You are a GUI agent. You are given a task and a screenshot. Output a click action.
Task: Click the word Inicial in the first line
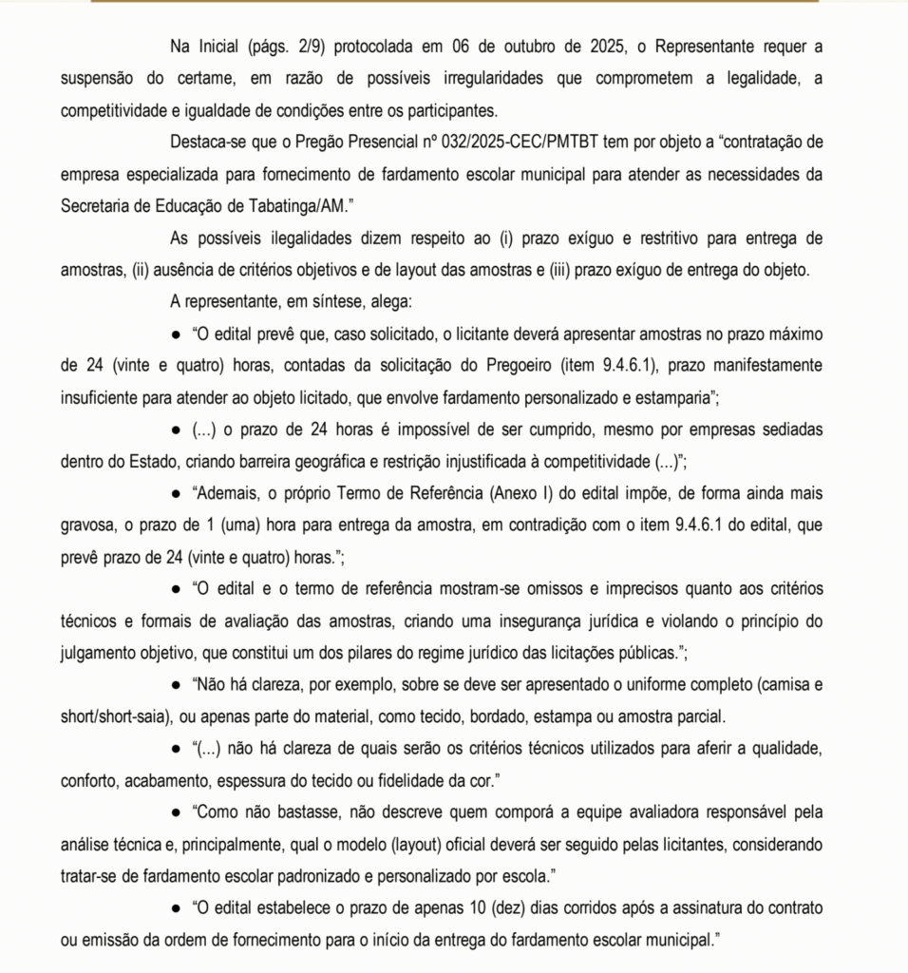pyautogui.click(x=220, y=46)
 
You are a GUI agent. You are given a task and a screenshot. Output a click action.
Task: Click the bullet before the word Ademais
pyautogui.click(x=176, y=495)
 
